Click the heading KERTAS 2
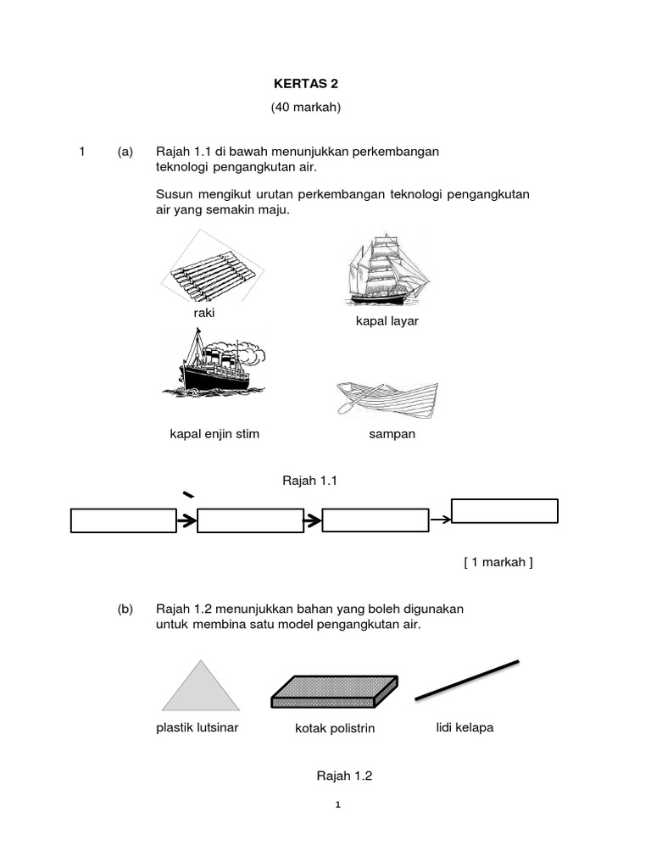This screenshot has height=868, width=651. pos(304,84)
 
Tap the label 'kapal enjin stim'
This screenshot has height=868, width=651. pos(214,434)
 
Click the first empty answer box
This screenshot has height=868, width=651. pos(124,520)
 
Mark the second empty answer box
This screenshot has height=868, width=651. pos(250,520)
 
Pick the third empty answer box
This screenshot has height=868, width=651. pos(376,520)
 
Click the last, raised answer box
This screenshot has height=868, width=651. pos(504,511)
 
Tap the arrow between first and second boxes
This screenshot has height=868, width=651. pos(186,520)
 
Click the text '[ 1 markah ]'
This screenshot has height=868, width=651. pos(498,562)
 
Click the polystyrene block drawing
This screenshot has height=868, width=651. pos(334,691)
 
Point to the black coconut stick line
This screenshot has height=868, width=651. pos(467,680)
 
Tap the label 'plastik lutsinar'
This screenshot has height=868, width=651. pos(198,726)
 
